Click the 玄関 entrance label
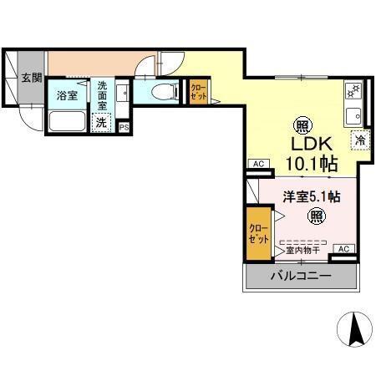click(30, 78)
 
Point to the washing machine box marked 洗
click(101, 123)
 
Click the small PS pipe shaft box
click(124, 127)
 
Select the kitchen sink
click(353, 114)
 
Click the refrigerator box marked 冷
click(361, 140)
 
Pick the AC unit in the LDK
click(257, 164)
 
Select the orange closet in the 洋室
click(258, 233)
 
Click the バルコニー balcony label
click(300, 277)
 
